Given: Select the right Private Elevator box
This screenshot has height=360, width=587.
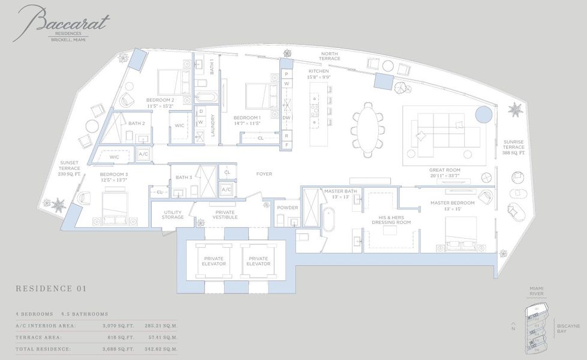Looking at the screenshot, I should pyautogui.click(x=258, y=261).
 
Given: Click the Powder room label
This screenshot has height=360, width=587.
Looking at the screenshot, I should pyautogui.click(x=287, y=208).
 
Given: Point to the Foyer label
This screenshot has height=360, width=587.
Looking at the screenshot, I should pyautogui.click(x=264, y=175).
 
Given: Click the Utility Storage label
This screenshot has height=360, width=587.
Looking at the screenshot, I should pyautogui.click(x=173, y=214).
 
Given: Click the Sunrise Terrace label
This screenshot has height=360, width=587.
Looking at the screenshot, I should pyautogui.click(x=514, y=147).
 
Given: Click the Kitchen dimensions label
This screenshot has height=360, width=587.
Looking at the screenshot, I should pyautogui.click(x=318, y=77).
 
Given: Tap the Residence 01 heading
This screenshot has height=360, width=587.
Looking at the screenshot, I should pyautogui.click(x=51, y=289).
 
